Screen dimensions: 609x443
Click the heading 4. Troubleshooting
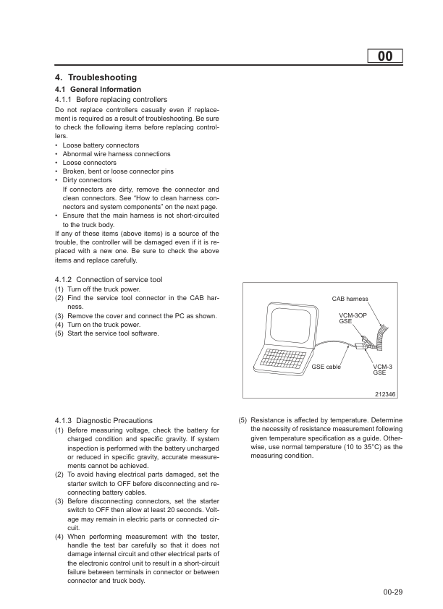[96, 77]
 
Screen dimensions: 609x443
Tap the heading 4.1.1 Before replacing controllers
[111, 99]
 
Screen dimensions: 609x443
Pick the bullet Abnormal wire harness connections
[117, 154]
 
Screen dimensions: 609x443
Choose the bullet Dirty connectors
[87, 180]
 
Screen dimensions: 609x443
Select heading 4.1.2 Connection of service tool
[109, 279]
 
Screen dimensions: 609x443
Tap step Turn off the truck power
[100, 289]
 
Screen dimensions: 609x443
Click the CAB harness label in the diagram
[350, 299]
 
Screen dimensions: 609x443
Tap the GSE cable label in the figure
[326, 367]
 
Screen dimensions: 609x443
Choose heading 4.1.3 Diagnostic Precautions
[104, 420]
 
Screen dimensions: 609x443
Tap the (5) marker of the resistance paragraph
[243, 420]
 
